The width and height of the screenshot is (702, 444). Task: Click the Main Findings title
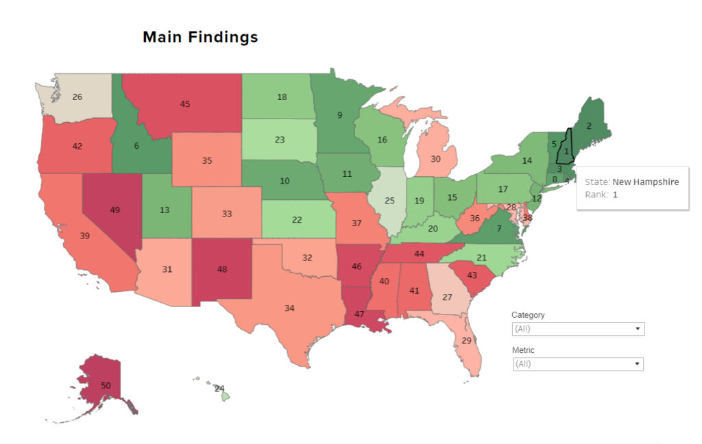(200, 37)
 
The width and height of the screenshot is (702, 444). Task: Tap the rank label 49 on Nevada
(115, 210)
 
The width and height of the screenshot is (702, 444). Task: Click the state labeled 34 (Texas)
(289, 308)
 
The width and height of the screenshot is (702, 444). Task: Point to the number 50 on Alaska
(106, 386)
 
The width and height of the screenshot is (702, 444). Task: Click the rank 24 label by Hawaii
(219, 388)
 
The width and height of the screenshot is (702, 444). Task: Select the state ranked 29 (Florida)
(467, 341)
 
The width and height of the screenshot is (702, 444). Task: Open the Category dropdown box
(578, 329)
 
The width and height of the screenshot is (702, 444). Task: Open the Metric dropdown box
(578, 364)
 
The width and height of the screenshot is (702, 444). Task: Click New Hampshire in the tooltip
(645, 182)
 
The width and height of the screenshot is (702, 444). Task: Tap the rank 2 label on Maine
(588, 126)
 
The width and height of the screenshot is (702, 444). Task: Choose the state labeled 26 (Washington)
(77, 97)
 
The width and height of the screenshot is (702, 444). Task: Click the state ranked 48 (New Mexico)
(222, 269)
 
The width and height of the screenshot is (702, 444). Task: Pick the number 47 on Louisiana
(359, 314)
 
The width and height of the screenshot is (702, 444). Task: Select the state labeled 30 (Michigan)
(435, 159)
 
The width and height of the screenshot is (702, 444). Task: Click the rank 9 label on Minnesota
(339, 115)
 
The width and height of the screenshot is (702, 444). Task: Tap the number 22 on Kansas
(297, 220)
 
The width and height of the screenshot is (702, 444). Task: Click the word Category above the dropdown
(528, 315)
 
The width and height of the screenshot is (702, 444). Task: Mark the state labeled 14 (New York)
(526, 161)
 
